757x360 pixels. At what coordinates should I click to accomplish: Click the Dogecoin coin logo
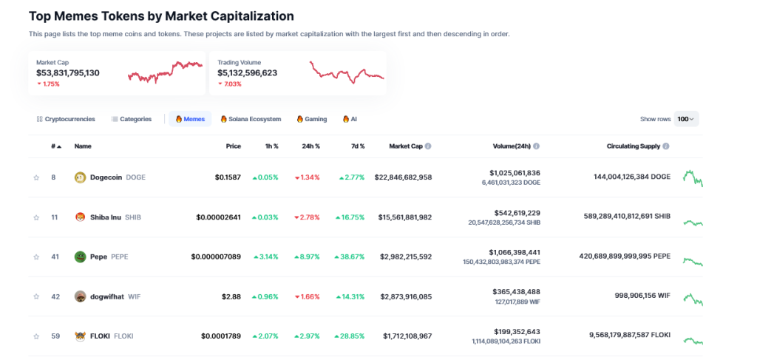pyautogui.click(x=80, y=177)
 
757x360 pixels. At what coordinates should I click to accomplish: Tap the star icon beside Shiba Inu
pyautogui.click(x=35, y=217)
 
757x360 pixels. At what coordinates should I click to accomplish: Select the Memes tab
pyautogui.click(x=190, y=119)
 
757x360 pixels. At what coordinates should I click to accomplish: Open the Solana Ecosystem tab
pyautogui.click(x=251, y=119)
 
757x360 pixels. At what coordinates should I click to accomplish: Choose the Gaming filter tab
pyautogui.click(x=311, y=119)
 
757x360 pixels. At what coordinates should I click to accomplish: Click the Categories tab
pyautogui.click(x=132, y=119)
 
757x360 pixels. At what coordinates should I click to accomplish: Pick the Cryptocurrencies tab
pyautogui.click(x=66, y=119)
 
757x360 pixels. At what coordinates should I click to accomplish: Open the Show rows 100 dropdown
pyautogui.click(x=686, y=119)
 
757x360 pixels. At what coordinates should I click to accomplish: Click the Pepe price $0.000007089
pyautogui.click(x=216, y=257)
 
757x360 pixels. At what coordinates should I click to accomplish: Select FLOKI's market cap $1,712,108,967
pyautogui.click(x=407, y=336)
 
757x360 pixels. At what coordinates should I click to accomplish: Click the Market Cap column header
pyautogui.click(x=406, y=146)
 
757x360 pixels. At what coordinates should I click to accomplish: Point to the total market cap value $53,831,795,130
pyautogui.click(x=68, y=73)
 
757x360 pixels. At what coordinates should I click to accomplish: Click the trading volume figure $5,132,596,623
pyautogui.click(x=248, y=73)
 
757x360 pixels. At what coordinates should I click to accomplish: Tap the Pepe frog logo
pyautogui.click(x=80, y=257)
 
